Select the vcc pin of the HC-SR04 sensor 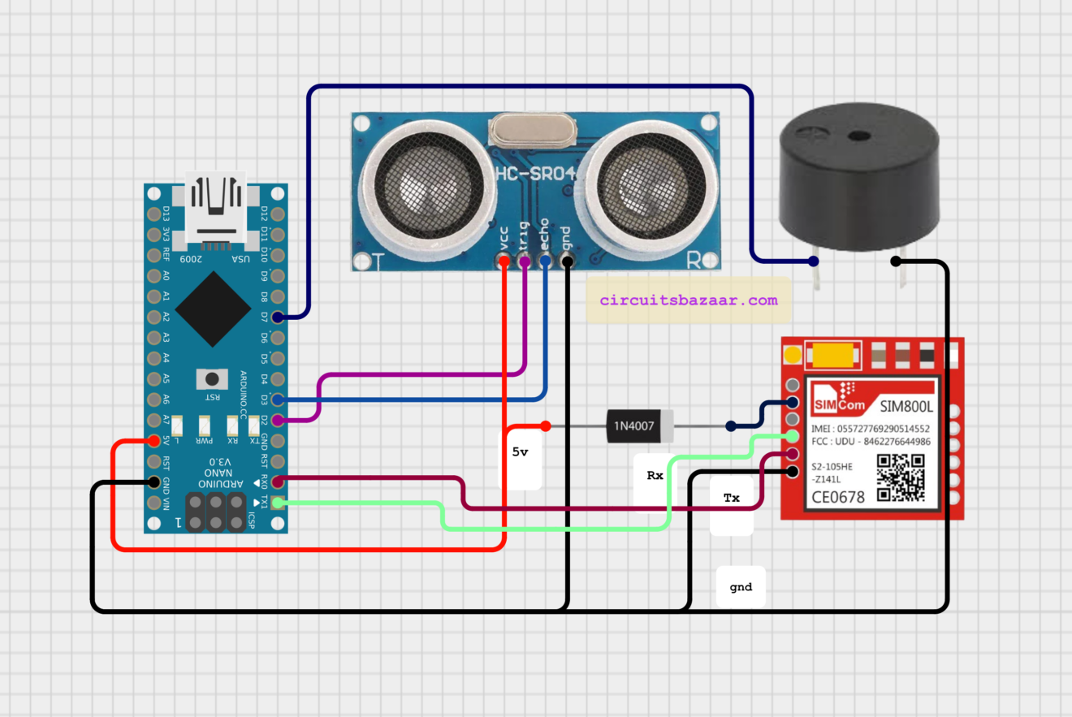click(x=504, y=261)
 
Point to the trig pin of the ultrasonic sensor click(x=525, y=261)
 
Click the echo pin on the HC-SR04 click(x=545, y=261)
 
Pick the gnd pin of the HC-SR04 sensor click(x=566, y=261)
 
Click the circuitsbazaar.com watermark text click(x=689, y=300)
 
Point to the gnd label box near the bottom click(x=741, y=586)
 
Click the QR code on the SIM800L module click(x=901, y=477)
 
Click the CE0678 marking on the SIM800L click(x=838, y=496)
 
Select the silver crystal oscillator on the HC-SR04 click(x=533, y=129)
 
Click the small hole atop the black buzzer click(x=855, y=137)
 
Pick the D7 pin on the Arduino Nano click(x=278, y=317)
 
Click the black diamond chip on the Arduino click(x=213, y=309)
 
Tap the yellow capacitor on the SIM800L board click(x=832, y=356)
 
